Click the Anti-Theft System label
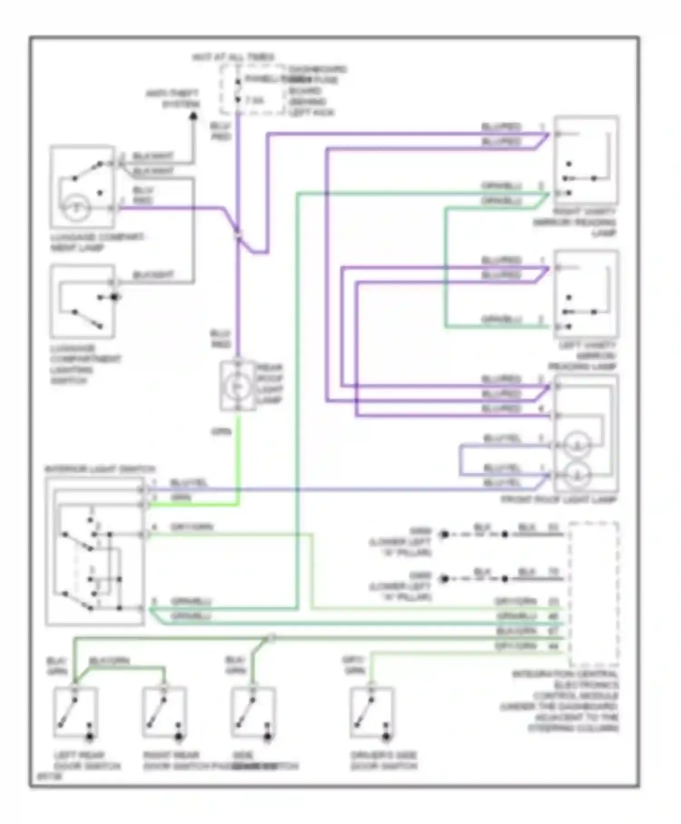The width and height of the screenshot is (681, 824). [x=173, y=99]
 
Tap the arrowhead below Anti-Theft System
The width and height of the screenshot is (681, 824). [x=193, y=116]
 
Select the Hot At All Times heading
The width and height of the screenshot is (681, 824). [x=233, y=57]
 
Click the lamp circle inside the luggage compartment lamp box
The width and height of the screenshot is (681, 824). [x=76, y=208]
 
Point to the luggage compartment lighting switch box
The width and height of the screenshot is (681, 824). [x=82, y=302]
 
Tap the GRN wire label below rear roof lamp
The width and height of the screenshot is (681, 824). [x=221, y=432]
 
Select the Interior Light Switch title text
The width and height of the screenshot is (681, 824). [x=100, y=469]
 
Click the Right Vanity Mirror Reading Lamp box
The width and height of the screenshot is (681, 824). [x=586, y=160]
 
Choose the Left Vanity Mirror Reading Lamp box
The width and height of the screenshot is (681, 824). [x=586, y=294]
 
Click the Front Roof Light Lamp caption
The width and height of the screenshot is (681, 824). [x=558, y=500]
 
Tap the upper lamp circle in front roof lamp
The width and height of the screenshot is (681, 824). [x=577, y=444]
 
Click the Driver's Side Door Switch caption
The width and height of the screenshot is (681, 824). [x=384, y=761]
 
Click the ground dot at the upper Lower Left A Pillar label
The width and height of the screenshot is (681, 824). [x=444, y=535]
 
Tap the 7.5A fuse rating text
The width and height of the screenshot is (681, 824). [x=255, y=100]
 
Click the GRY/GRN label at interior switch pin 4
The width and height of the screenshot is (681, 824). [x=192, y=527]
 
